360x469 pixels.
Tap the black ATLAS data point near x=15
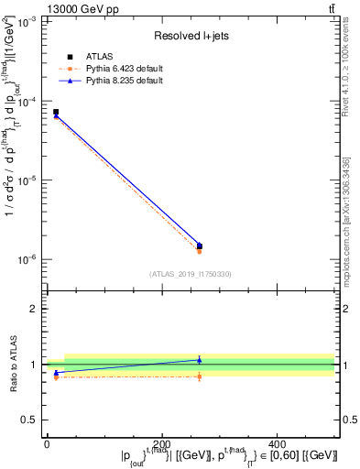click(56, 112)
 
